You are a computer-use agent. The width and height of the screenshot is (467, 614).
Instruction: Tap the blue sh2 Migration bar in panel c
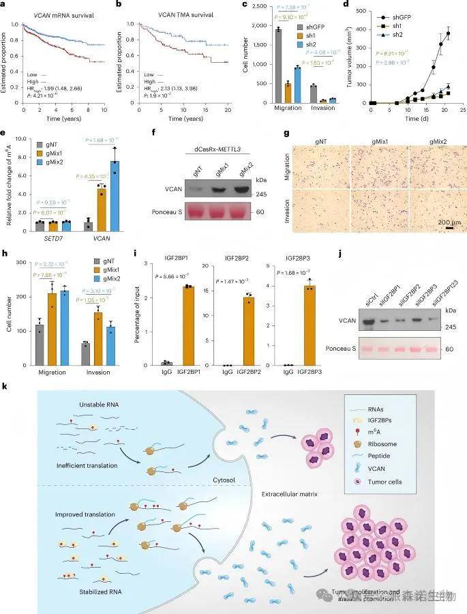[x=297, y=85]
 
